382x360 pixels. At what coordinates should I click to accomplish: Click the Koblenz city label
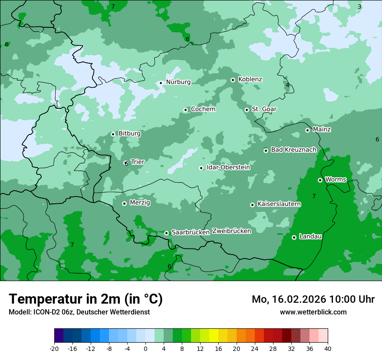[x=250, y=79]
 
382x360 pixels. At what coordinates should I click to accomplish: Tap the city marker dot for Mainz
[x=307, y=130]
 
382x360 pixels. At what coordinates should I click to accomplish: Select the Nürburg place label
[x=178, y=82]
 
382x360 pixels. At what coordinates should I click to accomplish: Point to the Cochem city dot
[x=185, y=110]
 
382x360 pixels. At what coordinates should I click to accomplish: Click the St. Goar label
[x=264, y=109]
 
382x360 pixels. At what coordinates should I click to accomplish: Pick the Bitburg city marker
[x=113, y=134]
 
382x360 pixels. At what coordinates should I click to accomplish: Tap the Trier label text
[x=138, y=162]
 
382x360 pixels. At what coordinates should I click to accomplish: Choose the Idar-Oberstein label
[x=228, y=167]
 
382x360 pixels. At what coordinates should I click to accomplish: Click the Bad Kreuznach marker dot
[x=266, y=151]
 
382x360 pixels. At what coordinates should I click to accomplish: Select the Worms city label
[x=336, y=179]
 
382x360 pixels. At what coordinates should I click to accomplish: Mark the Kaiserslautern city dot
[x=252, y=205]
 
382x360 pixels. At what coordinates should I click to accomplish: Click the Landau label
[x=310, y=236]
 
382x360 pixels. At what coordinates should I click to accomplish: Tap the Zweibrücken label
[x=232, y=231]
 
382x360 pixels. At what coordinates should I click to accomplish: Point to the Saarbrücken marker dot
[x=166, y=233]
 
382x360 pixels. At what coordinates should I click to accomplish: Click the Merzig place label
[x=140, y=203]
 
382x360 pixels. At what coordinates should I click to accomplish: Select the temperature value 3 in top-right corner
[x=359, y=7]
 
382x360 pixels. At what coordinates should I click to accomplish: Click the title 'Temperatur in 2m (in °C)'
[x=86, y=299]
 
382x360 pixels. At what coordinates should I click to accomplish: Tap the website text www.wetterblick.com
[x=313, y=312]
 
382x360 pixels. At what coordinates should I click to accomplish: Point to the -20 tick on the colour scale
[x=54, y=349]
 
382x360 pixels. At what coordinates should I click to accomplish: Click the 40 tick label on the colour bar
[x=328, y=349]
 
